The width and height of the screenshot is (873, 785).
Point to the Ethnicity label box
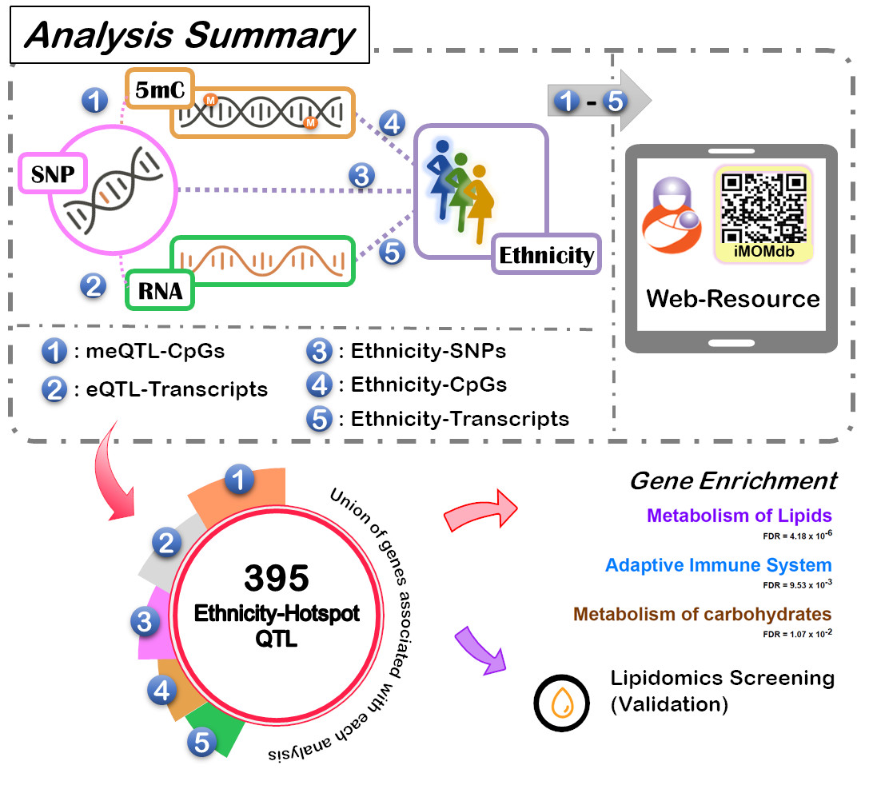point(546,256)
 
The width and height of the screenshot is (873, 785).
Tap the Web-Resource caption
point(732,298)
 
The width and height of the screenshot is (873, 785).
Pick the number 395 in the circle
point(277,576)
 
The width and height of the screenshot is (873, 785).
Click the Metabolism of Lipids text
point(739,516)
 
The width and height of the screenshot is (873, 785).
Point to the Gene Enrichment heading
point(733,480)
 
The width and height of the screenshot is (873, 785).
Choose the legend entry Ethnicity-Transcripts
point(460,418)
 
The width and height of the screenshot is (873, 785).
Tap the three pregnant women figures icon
point(456,189)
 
